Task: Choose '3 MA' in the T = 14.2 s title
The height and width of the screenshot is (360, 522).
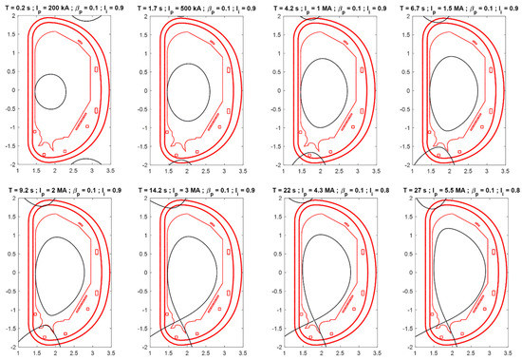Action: coord(193,189)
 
